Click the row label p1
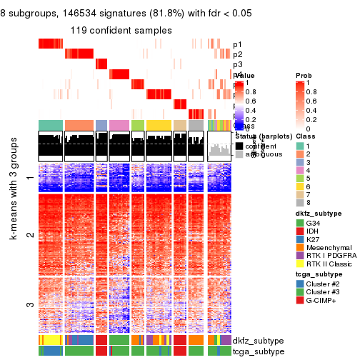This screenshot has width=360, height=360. [x=238, y=44]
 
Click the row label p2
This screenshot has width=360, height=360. [x=238, y=54]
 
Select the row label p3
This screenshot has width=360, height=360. [x=238, y=64]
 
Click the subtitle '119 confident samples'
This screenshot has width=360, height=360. [x=121, y=30]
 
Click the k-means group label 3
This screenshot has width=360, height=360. [x=29, y=306]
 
